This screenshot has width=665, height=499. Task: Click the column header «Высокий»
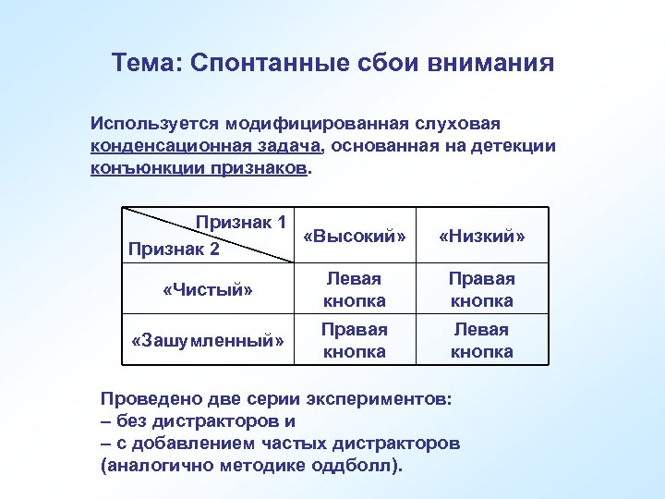354,237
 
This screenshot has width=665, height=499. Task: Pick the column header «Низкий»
481,237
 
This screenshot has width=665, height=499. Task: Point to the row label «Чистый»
207,289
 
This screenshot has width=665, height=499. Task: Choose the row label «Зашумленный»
207,340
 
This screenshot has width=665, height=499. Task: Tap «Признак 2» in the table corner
174,249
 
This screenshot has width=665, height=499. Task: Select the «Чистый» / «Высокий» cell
354,289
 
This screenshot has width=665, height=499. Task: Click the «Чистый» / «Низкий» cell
481,289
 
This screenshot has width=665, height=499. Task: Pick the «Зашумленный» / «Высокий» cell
354,340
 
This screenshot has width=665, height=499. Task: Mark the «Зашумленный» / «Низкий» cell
481,340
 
